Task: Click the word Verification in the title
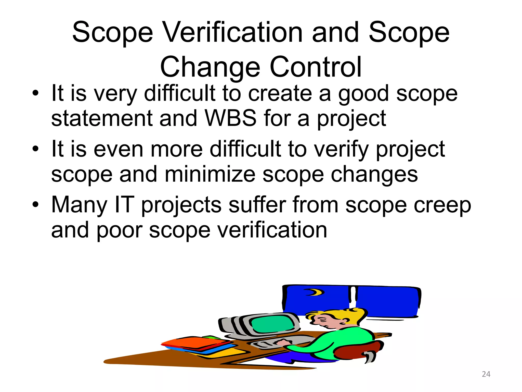click(232, 33)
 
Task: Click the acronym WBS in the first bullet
click(230, 118)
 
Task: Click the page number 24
click(486, 374)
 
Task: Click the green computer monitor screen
click(273, 323)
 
